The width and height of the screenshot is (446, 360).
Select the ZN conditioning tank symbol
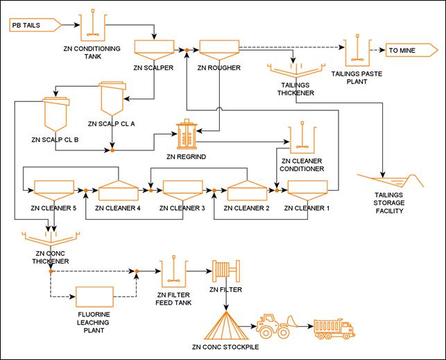(x=92, y=28)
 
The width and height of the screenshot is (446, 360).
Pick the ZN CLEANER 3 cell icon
(x=182, y=189)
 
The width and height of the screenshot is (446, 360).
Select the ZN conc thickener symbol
(x=51, y=241)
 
